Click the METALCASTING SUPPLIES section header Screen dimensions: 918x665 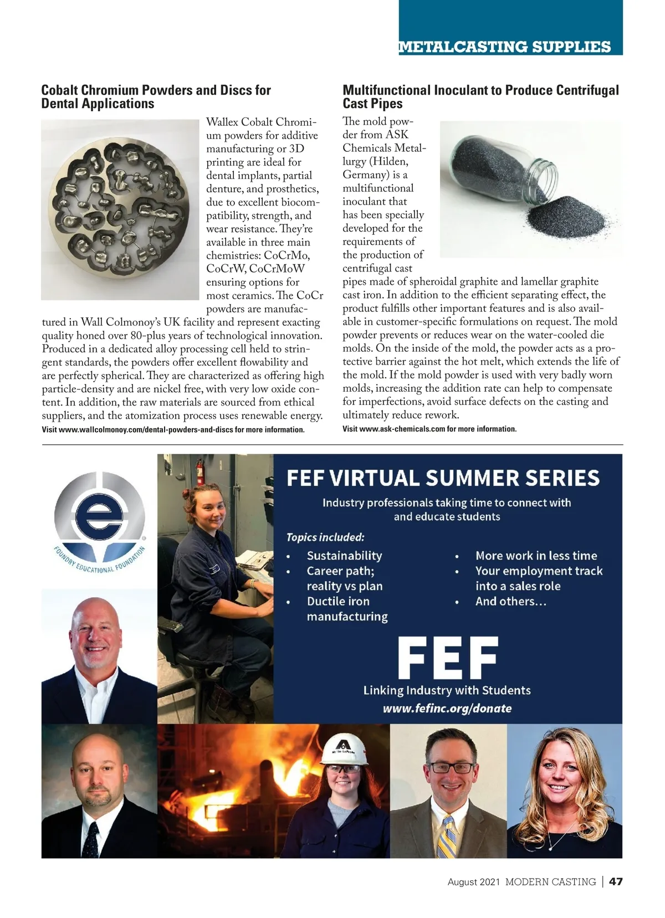click(x=504, y=47)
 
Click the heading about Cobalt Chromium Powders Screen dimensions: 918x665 click(x=156, y=97)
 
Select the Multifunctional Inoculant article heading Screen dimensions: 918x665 click(x=480, y=97)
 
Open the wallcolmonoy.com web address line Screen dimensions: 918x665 click(x=173, y=430)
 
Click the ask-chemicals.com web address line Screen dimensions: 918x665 click(x=429, y=429)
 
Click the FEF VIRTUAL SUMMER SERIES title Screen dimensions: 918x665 click(x=443, y=478)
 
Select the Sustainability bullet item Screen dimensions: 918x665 click(x=344, y=556)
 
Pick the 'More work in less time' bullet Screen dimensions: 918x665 click(x=536, y=556)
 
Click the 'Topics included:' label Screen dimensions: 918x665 click(x=325, y=537)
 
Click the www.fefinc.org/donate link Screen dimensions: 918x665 click(x=447, y=708)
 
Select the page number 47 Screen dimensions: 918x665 click(x=616, y=881)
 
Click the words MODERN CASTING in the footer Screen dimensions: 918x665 click(x=550, y=881)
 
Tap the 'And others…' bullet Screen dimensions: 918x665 click(x=510, y=601)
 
